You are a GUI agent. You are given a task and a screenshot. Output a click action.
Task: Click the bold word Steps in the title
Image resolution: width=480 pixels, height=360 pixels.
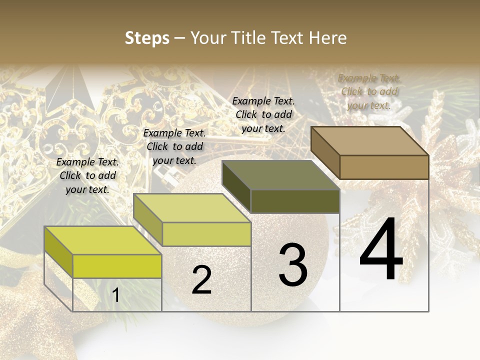click(147, 38)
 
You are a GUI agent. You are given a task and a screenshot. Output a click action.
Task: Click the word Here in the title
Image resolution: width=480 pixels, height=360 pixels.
click(328, 38)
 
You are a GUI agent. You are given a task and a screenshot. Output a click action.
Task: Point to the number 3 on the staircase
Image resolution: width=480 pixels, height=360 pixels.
click(293, 265)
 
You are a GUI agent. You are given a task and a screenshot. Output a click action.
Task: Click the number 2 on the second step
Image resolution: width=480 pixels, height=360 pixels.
click(201, 280)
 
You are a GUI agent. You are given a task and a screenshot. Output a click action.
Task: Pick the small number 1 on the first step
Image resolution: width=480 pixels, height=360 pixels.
click(115, 295)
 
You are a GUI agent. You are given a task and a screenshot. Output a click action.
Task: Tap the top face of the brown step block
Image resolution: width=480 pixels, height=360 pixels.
click(370, 141)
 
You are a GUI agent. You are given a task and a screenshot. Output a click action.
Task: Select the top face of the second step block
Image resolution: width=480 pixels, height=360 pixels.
click(192, 208)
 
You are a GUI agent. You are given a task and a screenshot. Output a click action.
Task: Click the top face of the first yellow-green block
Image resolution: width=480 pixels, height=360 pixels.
click(103, 240)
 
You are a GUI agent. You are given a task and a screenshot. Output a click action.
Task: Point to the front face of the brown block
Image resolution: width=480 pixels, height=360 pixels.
click(384, 167)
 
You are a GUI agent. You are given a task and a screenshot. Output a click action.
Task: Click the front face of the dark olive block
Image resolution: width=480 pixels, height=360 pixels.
click(295, 201)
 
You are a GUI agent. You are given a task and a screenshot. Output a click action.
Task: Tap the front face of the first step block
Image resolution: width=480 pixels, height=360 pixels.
click(117, 266)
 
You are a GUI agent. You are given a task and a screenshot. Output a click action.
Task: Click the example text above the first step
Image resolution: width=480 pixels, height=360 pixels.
click(87, 175)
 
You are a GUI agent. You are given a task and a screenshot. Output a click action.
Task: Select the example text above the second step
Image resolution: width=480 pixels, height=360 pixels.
click(174, 146)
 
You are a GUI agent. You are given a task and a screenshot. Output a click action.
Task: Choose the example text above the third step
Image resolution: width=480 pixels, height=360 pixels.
click(263, 114)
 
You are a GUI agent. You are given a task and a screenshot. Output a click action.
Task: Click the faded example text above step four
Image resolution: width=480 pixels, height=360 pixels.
click(369, 91)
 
